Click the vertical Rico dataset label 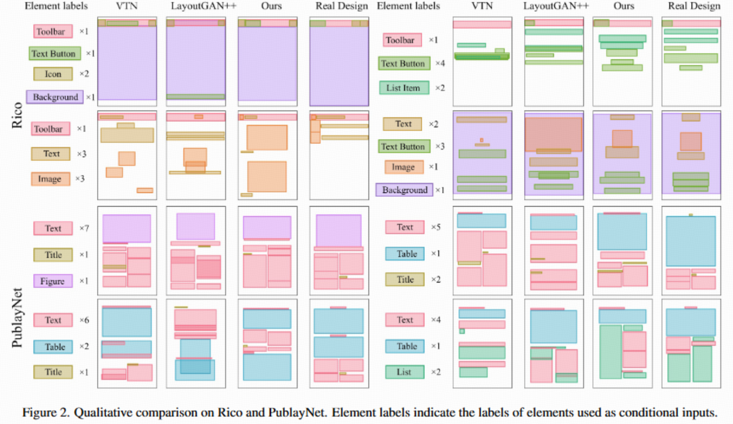(x=17, y=115)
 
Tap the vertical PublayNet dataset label (x=17, y=318)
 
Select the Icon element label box (x=53, y=74)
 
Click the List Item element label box (x=404, y=88)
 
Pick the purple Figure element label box (x=53, y=281)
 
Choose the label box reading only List (x=405, y=372)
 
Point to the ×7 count (x=84, y=228)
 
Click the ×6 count (x=84, y=320)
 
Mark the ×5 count (x=435, y=227)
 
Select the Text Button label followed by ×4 (x=404, y=63)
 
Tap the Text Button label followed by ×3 (x=404, y=146)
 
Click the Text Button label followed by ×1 (x=55, y=54)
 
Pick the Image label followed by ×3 (x=51, y=179)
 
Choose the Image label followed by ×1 (x=404, y=167)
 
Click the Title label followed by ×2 (x=405, y=279)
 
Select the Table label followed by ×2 (x=53, y=347)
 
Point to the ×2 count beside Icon (x=84, y=74)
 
